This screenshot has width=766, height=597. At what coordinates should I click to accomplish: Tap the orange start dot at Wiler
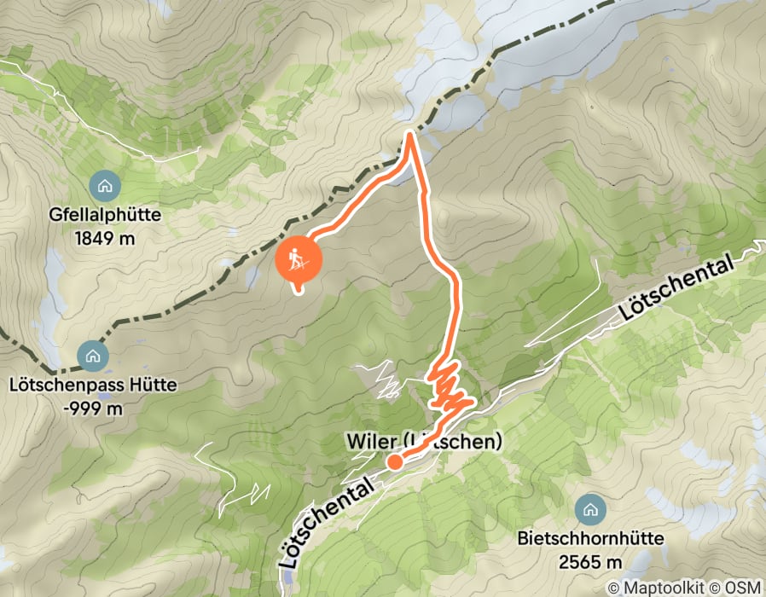tap(395, 461)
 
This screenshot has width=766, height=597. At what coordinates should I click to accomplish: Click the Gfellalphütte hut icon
tap(104, 184)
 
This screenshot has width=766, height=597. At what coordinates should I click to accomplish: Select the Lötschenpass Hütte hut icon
tap(92, 355)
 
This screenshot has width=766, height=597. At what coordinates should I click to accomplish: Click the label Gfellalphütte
tap(105, 216)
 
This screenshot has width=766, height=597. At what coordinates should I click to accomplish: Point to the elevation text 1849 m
tap(105, 238)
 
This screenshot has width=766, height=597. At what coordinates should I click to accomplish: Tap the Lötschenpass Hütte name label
tap(93, 385)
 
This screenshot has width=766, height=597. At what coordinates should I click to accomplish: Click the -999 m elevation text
tap(93, 408)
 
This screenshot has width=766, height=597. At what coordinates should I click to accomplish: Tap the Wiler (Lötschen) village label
tap(420, 442)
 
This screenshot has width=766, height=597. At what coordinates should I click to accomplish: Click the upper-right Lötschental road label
tap(677, 291)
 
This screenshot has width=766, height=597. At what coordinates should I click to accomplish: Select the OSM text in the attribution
tap(744, 588)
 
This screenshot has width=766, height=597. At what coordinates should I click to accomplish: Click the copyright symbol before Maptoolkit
tap(613, 588)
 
